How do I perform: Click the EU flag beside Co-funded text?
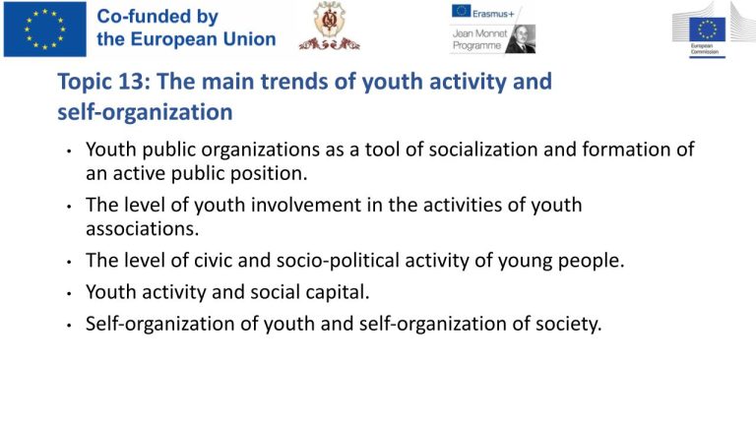click(x=45, y=30)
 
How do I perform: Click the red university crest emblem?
click(x=330, y=26)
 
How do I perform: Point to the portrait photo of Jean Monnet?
click(x=521, y=39)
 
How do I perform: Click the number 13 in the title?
click(x=134, y=81)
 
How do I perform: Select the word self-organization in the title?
click(x=145, y=112)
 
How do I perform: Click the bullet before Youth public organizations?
click(x=70, y=152)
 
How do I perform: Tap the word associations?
click(x=142, y=229)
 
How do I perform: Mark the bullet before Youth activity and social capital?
click(x=70, y=293)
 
